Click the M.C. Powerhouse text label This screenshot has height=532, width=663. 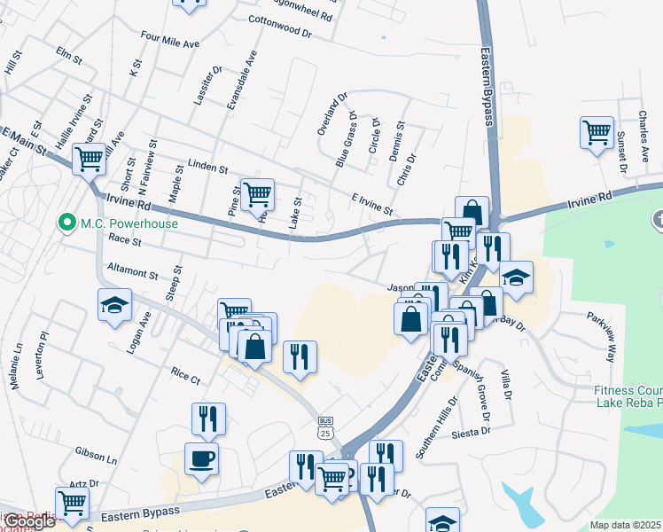pos(129,223)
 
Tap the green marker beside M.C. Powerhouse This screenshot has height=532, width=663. pos(65,223)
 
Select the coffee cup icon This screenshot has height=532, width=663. pos(200,459)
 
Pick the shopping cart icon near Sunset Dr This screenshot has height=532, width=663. pos(597,133)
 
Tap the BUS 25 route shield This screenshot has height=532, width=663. pos(326,428)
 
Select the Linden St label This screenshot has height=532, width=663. pos(208,168)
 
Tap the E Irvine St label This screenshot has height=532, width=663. pos(372,203)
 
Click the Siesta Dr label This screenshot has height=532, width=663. pos(472,433)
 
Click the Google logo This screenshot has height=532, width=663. pos(28,520)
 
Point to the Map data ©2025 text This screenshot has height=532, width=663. pos(626,525)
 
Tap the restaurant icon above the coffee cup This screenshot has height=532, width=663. pos(208,419)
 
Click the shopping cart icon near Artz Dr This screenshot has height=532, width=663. pos(72,503)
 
